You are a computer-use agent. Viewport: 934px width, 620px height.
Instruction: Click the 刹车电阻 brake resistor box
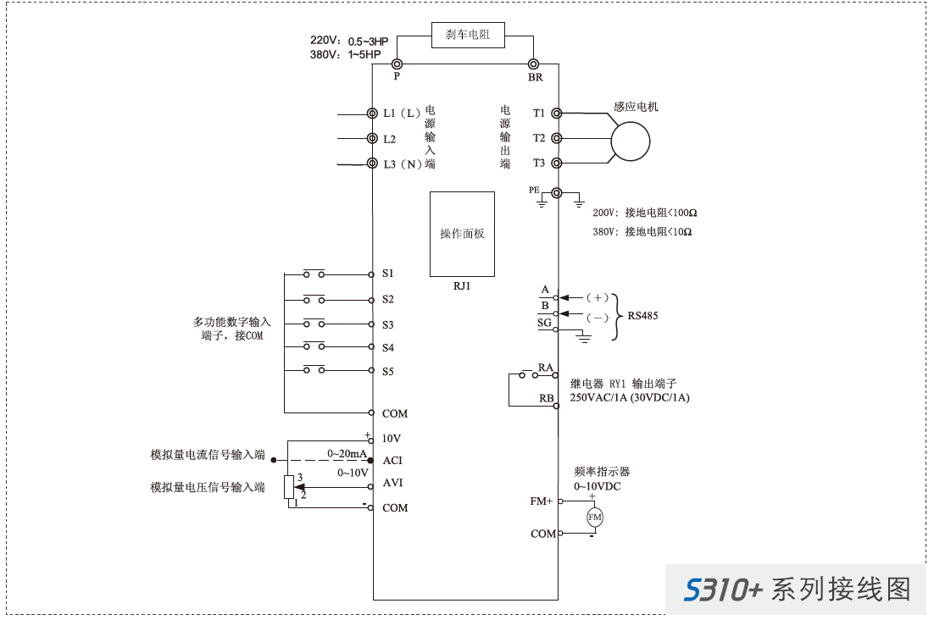pyautogui.click(x=468, y=35)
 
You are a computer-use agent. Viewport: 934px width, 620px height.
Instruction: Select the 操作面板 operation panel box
pyautogui.click(x=462, y=234)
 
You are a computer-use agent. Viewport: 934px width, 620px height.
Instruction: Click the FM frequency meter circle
pyautogui.click(x=594, y=518)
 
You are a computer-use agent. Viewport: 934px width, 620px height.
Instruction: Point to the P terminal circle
pyautogui.click(x=396, y=64)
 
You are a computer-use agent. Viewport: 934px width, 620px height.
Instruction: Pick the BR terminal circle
pyautogui.click(x=534, y=64)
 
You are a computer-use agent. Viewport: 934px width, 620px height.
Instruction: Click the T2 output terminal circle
pyautogui.click(x=557, y=138)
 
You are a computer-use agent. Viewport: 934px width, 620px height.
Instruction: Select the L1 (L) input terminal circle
pyautogui.click(x=372, y=113)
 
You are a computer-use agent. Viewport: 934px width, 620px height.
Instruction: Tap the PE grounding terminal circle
pyautogui.click(x=557, y=193)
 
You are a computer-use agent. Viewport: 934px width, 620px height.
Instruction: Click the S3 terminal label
pyautogui.click(x=388, y=324)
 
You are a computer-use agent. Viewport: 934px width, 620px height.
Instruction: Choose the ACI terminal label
pyautogui.click(x=392, y=461)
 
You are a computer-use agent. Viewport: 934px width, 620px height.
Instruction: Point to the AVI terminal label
pyautogui.click(x=392, y=483)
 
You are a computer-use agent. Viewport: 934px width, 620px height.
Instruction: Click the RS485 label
pyautogui.click(x=642, y=316)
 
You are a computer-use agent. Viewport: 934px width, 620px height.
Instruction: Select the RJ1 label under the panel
pyautogui.click(x=462, y=286)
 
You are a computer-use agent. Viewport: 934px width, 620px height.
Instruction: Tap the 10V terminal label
pyautogui.click(x=391, y=439)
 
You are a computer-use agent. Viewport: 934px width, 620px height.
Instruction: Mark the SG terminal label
pyautogui.click(x=544, y=323)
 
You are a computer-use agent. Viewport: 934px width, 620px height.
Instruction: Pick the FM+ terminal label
pyautogui.click(x=542, y=501)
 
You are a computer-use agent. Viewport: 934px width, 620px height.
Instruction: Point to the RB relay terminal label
pyautogui.click(x=546, y=398)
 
